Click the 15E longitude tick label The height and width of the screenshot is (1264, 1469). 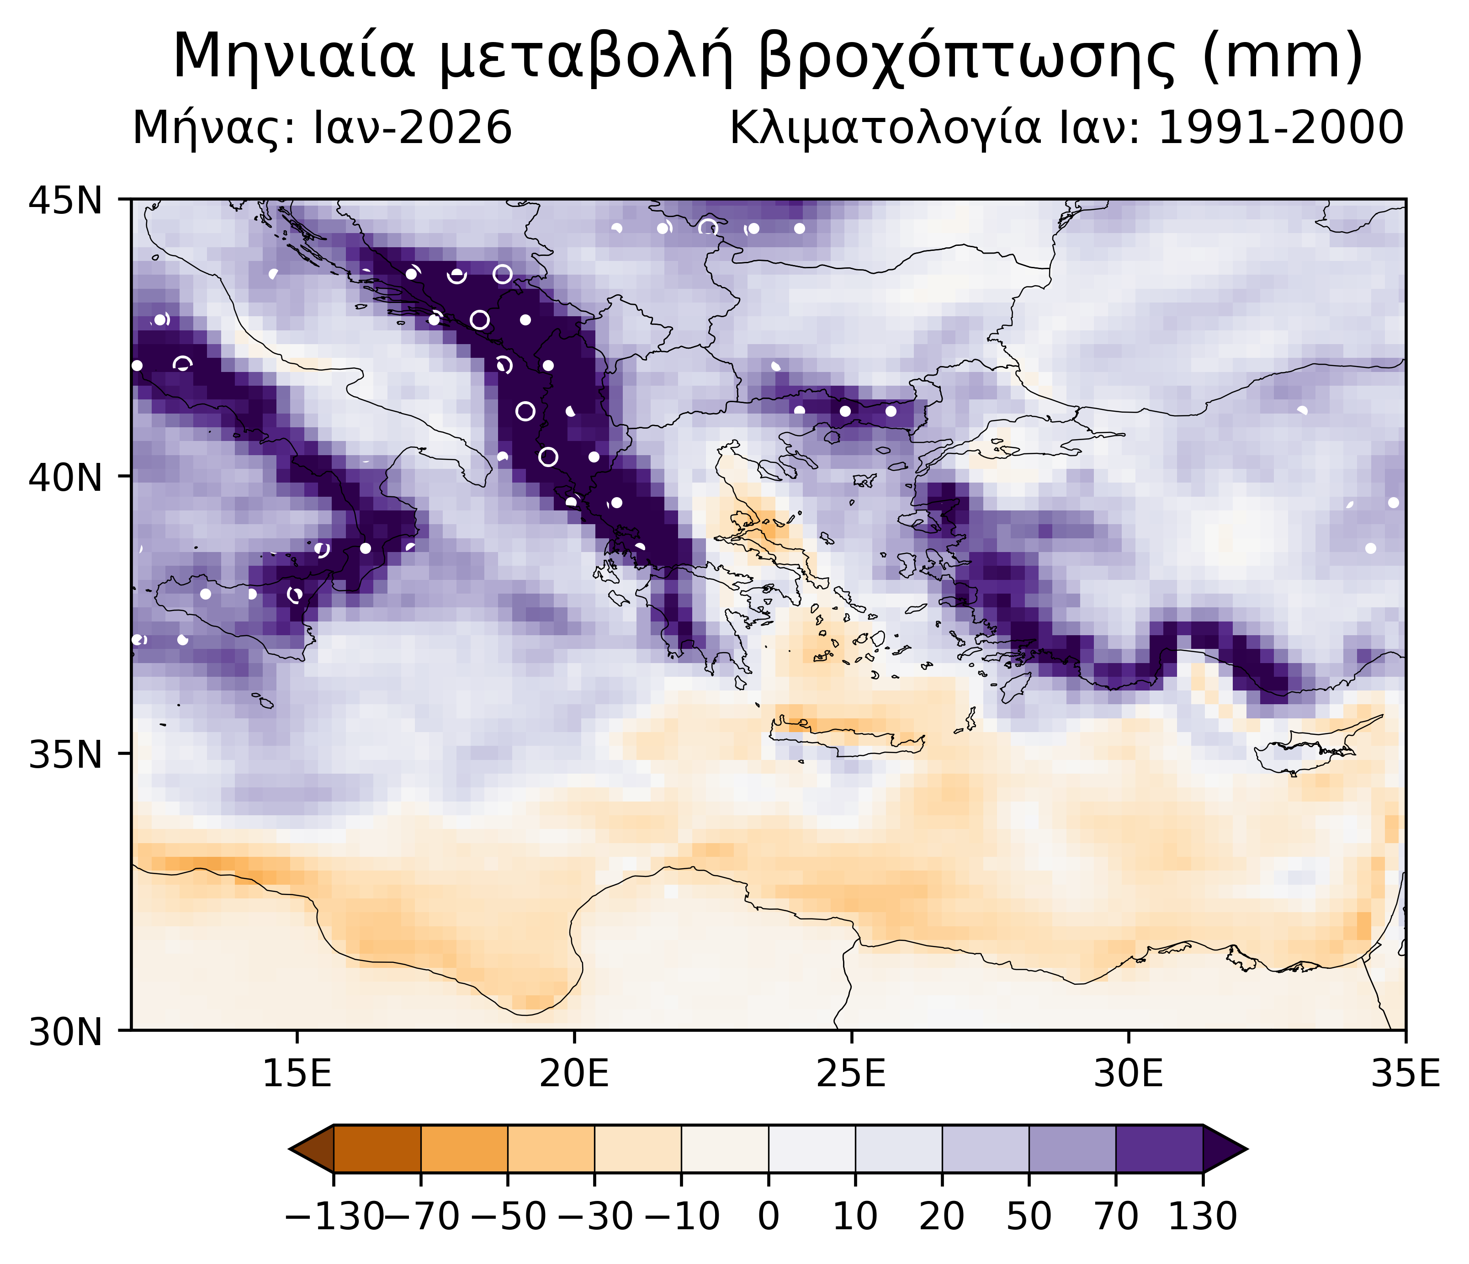297,1075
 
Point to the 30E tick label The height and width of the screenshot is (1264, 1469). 1129,1075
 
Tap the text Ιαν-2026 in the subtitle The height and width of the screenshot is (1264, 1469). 413,129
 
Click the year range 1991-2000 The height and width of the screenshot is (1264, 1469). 1280,129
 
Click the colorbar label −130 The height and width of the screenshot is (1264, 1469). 333,1216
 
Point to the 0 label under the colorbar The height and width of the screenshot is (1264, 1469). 769,1216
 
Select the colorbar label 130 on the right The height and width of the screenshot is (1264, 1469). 1203,1216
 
